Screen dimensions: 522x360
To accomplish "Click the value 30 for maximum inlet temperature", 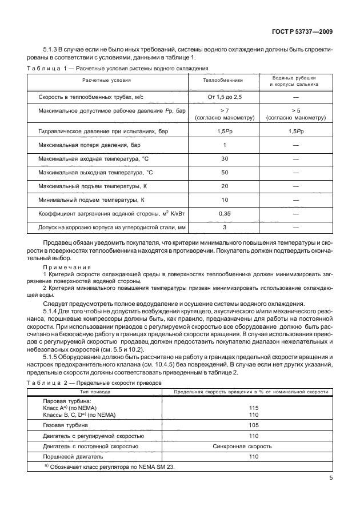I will (224, 158).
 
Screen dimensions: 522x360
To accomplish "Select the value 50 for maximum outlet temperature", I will (224, 172).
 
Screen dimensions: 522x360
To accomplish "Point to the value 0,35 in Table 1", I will (224, 213).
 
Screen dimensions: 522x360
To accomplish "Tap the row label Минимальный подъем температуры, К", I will (90, 200).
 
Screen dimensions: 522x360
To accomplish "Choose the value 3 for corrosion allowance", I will (224, 227).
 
